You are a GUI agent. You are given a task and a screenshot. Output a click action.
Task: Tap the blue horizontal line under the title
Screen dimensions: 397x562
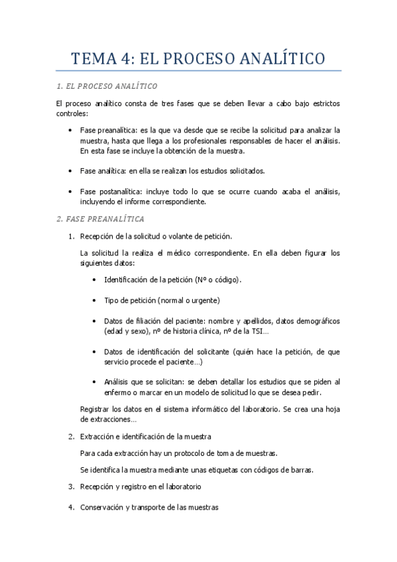pos(198,70)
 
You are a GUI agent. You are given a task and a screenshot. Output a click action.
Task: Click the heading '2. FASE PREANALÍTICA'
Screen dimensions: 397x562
pos(100,219)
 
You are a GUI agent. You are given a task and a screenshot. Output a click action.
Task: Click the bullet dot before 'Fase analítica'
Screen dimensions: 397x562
pos(70,171)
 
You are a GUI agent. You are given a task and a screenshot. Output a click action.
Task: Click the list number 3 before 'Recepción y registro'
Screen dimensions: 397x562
pos(70,486)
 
